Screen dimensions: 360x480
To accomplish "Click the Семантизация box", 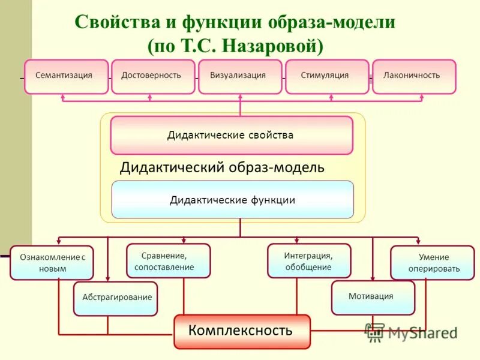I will (66, 76).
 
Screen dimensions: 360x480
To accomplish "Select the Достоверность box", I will (153, 76).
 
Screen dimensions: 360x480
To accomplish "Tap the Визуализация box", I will (240, 76).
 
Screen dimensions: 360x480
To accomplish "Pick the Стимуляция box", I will (327, 76).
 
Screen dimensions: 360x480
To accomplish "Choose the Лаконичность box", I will (414, 76).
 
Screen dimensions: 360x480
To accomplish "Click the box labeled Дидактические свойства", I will (232, 135).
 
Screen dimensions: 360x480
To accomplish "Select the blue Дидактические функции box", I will (233, 199).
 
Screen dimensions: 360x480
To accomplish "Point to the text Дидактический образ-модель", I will (222, 167).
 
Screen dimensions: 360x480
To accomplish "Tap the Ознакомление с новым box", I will (52, 263).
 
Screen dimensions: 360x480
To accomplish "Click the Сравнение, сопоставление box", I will (168, 261).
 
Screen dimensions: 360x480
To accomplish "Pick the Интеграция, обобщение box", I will (309, 261).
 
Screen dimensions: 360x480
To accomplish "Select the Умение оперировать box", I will (432, 263).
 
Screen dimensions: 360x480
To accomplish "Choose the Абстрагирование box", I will (115, 298).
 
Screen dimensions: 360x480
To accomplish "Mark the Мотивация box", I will (373, 297).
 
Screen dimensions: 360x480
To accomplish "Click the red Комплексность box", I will (242, 331).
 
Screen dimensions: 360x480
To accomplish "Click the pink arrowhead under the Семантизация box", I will (63, 97).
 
